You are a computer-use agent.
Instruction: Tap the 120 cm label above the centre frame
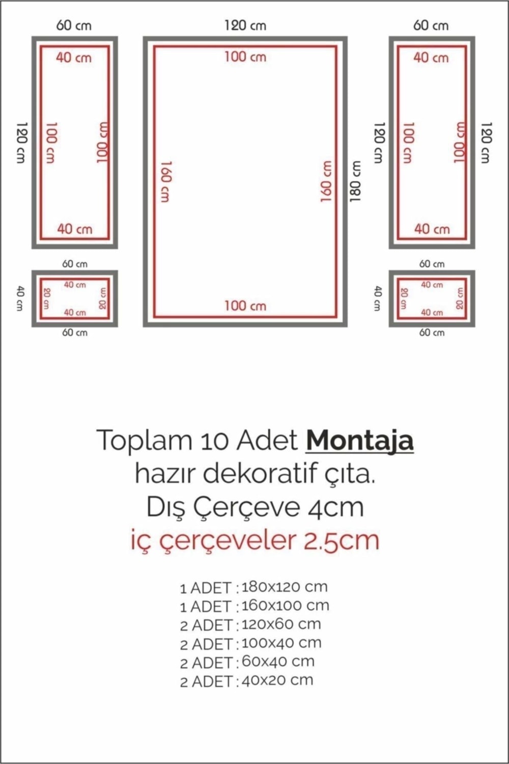click(x=245, y=25)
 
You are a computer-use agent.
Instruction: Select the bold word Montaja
click(x=360, y=441)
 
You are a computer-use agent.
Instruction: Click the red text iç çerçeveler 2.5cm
click(x=255, y=540)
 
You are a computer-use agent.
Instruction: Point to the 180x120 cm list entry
click(x=285, y=587)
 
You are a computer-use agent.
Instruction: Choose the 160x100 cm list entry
click(x=286, y=606)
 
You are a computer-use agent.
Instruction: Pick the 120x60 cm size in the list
click(x=281, y=624)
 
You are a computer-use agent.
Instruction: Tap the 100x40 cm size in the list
click(x=281, y=643)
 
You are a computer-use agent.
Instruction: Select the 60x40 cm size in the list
click(x=278, y=662)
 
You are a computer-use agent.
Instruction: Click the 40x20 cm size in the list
click(x=277, y=680)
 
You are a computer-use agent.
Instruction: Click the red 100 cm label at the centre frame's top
click(x=245, y=57)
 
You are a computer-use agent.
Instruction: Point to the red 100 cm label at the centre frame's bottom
click(x=245, y=306)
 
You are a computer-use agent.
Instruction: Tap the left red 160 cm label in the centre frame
click(x=165, y=181)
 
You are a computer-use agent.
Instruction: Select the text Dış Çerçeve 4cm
click(x=255, y=508)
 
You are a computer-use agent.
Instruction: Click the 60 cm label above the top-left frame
click(x=74, y=25)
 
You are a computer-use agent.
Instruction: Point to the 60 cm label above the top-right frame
click(x=431, y=25)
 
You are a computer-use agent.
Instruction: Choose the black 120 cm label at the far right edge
click(x=486, y=143)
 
